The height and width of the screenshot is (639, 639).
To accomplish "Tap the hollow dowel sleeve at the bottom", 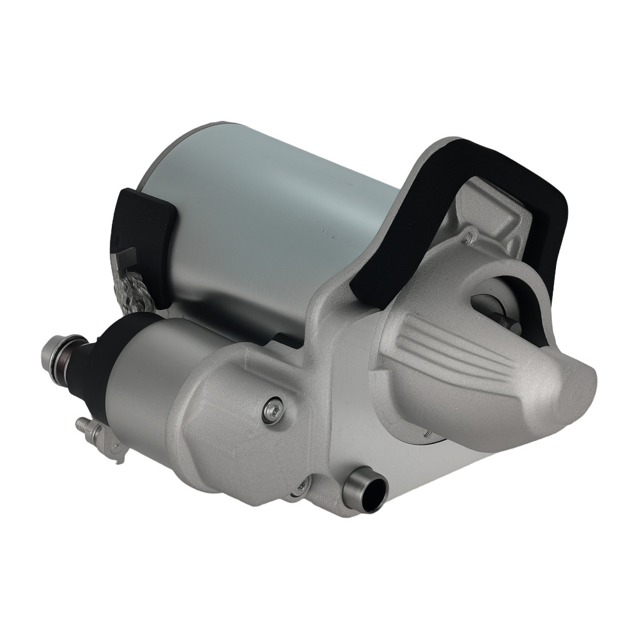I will pos(366,489).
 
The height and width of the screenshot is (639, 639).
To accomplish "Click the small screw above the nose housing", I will pos(470,238).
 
